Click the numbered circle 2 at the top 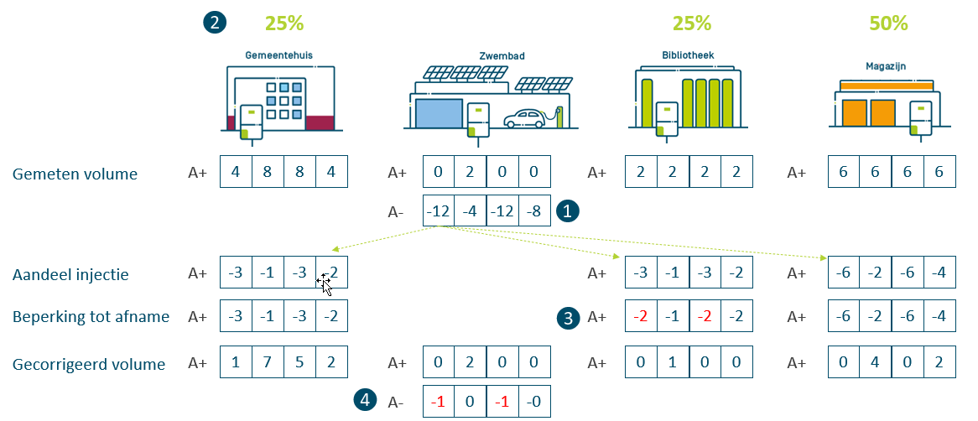pyautogui.click(x=215, y=23)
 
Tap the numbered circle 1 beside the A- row pyautogui.click(x=570, y=210)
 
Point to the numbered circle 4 pyautogui.click(x=364, y=401)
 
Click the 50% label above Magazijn pyautogui.click(x=888, y=23)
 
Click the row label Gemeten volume pyautogui.click(x=75, y=174)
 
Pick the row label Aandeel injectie pyautogui.click(x=71, y=274)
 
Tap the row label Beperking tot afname pyautogui.click(x=91, y=317)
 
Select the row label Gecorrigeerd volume pyautogui.click(x=89, y=364)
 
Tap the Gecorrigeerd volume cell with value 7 pyautogui.click(x=268, y=363)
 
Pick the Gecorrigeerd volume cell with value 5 pyautogui.click(x=299, y=363)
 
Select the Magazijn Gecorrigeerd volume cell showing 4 pyautogui.click(x=875, y=363)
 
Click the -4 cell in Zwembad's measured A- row pyautogui.click(x=471, y=210)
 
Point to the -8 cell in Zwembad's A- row pyautogui.click(x=534, y=210)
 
